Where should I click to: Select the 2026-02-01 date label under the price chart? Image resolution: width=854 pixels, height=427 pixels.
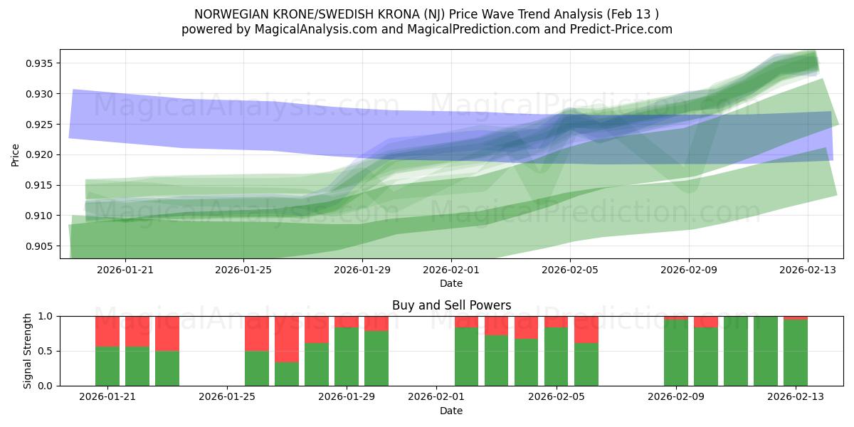451,270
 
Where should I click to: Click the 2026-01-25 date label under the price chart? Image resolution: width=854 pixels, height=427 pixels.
243,270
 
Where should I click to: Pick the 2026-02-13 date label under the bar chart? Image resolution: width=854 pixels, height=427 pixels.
795,397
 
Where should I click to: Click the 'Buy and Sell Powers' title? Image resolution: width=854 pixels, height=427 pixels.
451,305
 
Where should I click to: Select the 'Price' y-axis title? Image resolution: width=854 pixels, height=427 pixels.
16,154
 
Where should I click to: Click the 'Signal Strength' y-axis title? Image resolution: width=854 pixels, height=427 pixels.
27,351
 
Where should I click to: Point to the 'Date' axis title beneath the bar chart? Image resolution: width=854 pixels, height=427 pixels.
451,411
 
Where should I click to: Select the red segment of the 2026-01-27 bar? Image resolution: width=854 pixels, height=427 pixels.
287,339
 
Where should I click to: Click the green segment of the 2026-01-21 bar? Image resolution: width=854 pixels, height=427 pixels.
107,366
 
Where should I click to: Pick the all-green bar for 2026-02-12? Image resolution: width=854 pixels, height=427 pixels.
766,351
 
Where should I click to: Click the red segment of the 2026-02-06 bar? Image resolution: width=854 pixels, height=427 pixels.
586,330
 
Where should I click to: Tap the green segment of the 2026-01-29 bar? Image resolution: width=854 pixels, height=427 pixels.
347,357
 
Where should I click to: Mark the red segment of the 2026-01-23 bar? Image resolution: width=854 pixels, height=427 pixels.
167,333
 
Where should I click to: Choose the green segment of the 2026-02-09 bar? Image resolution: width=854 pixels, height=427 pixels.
676,353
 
